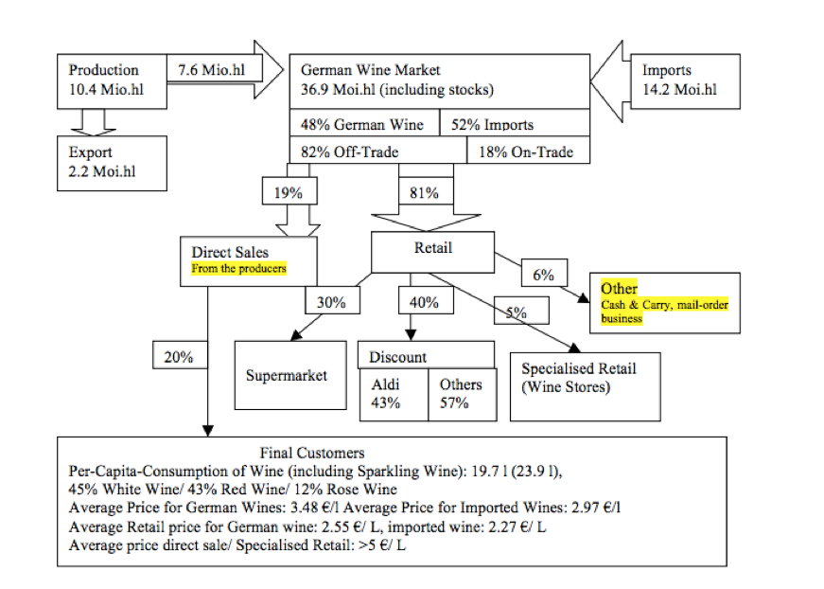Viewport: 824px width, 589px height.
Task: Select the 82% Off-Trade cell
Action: pos(377,152)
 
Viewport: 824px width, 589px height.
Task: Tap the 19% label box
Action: pos(289,192)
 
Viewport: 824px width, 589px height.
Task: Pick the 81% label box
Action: pos(424,192)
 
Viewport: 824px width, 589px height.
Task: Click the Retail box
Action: pos(432,250)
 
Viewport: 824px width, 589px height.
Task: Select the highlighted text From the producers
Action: pos(238,269)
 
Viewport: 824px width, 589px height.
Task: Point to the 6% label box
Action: pos(543,275)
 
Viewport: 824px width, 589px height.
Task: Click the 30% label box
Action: pos(330,303)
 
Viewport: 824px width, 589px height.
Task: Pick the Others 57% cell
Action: pos(462,393)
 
